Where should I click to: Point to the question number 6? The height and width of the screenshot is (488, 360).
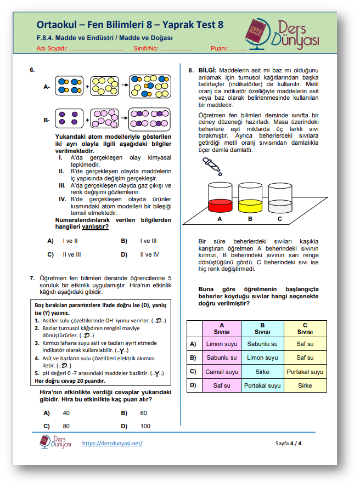click(32, 70)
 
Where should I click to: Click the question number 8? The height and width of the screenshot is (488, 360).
click(190, 70)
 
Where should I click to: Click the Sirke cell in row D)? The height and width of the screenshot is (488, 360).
click(305, 385)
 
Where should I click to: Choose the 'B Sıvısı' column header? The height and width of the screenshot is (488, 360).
click(262, 328)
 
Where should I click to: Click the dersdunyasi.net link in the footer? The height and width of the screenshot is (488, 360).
click(112, 443)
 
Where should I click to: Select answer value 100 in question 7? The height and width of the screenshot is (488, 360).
click(145, 426)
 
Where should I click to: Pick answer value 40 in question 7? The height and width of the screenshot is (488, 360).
click(66, 413)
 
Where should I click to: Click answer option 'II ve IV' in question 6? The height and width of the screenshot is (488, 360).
click(149, 254)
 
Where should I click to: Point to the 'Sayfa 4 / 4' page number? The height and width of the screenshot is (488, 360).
click(288, 443)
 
